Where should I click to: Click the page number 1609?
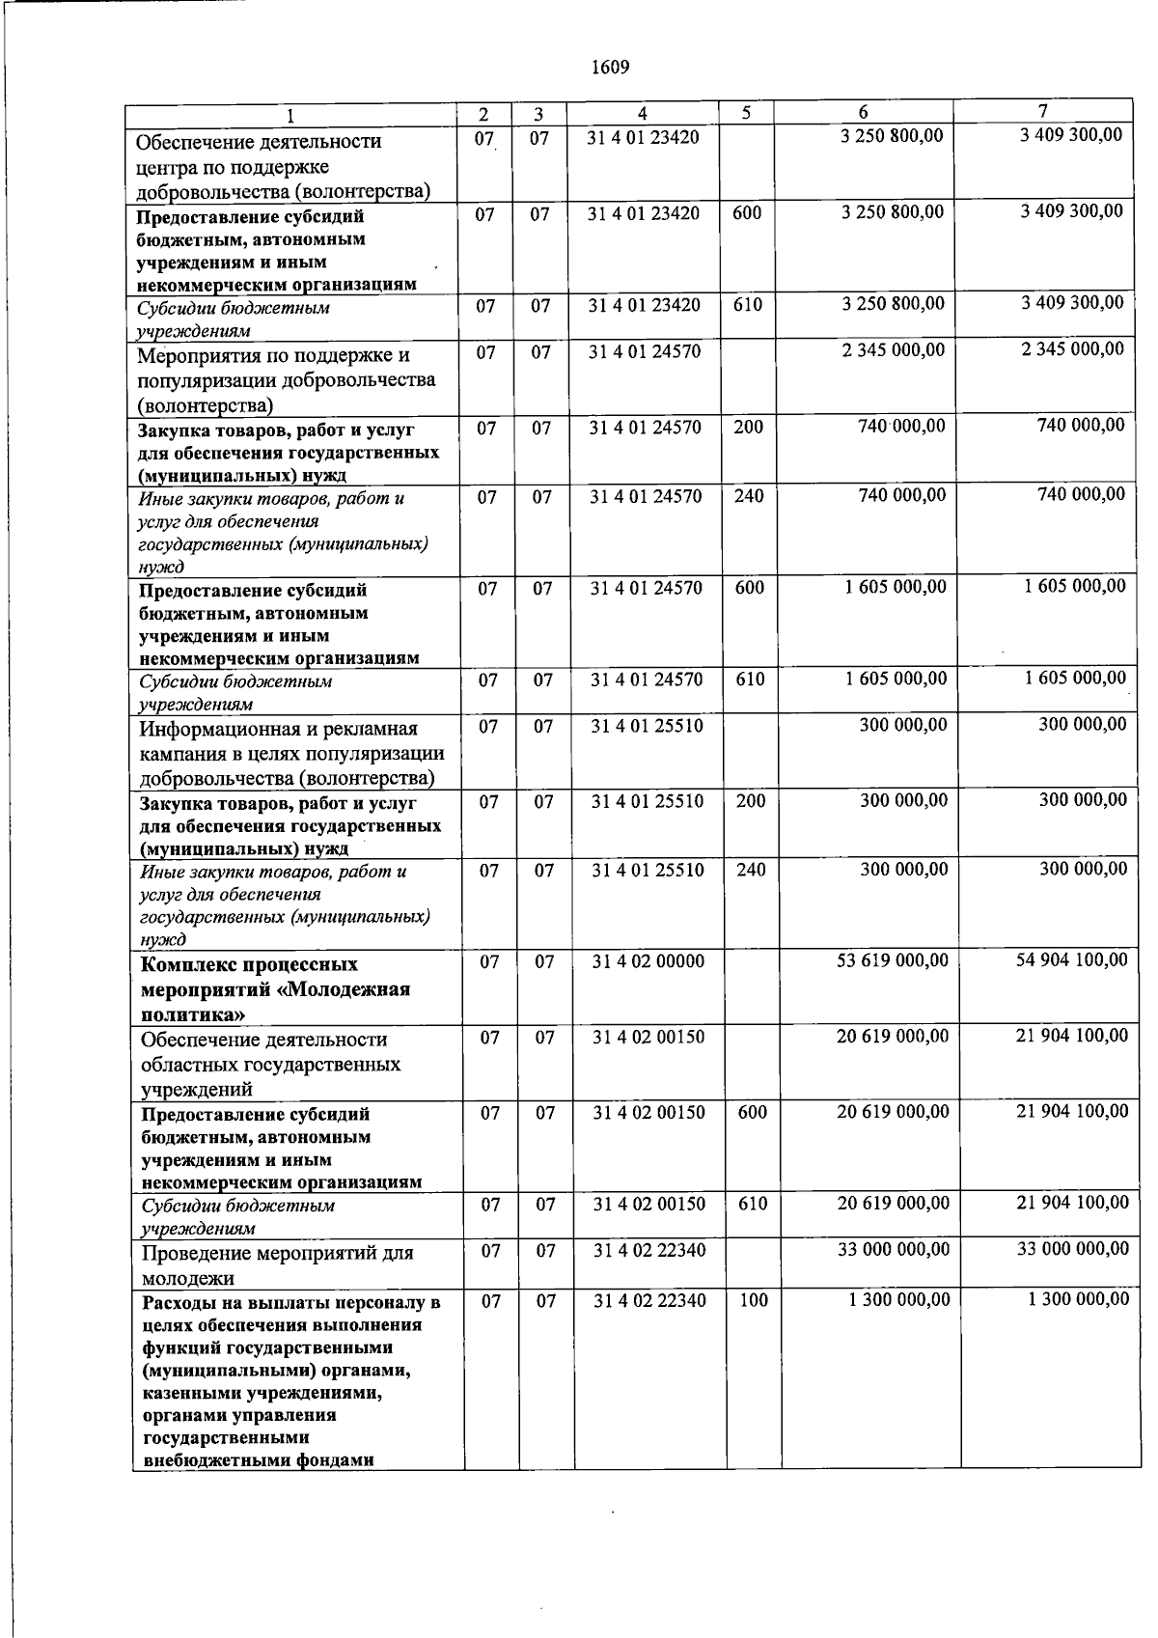coord(609,67)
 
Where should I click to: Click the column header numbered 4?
coord(643,114)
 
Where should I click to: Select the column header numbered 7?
coord(1042,110)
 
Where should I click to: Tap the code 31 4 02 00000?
coord(648,961)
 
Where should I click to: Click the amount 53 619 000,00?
coord(895,960)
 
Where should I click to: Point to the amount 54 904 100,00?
coord(1071,959)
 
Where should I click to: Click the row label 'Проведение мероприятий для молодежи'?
coord(277,1265)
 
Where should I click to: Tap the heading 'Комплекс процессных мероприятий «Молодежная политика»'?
coord(275,988)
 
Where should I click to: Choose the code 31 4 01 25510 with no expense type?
coord(647,726)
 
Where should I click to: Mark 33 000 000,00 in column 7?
coord(1072,1249)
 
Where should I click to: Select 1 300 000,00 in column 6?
coord(898,1300)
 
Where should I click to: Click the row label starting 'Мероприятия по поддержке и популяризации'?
coord(286,379)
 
